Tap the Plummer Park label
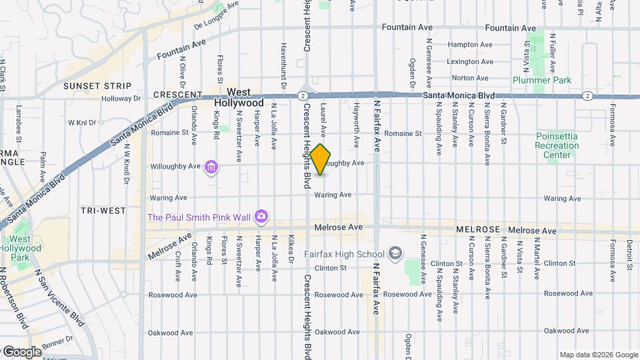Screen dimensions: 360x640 pyautogui.click(x=542, y=80)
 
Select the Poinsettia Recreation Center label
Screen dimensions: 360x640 pyautogui.click(x=557, y=145)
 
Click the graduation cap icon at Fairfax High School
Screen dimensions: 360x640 pyautogui.click(x=396, y=253)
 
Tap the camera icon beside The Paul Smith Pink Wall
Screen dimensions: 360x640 pyautogui.click(x=262, y=217)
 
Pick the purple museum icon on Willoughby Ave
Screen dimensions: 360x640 pyautogui.click(x=211, y=167)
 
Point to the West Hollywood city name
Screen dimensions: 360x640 pyautogui.click(x=239, y=97)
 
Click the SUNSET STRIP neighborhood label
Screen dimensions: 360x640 pyautogui.click(x=97, y=86)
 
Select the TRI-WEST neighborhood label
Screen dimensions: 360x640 pyautogui.click(x=103, y=211)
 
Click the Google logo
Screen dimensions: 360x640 pyautogui.click(x=21, y=351)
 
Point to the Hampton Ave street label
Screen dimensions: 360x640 pyautogui.click(x=470, y=45)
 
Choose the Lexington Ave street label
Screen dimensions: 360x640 pyautogui.click(x=470, y=61)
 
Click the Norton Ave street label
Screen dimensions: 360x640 pyautogui.click(x=470, y=78)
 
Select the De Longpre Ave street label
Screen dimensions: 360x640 pyautogui.click(x=216, y=16)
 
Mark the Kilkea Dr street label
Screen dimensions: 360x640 pyautogui.click(x=291, y=249)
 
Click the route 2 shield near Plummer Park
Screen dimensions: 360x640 pyautogui.click(x=587, y=96)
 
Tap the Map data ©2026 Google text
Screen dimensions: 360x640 pyautogui.click(x=598, y=355)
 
